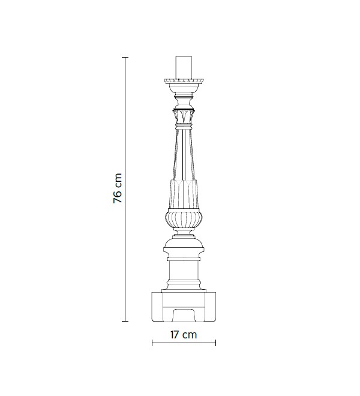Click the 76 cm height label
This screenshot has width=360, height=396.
118,188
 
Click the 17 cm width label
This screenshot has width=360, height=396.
184,335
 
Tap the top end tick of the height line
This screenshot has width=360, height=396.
125,58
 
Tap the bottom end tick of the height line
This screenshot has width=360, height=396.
125,321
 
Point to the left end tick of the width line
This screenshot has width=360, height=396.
152,343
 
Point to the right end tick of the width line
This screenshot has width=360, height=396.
215,343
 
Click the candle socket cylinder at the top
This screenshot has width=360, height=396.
184,68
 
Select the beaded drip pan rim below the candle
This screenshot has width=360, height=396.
184,81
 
